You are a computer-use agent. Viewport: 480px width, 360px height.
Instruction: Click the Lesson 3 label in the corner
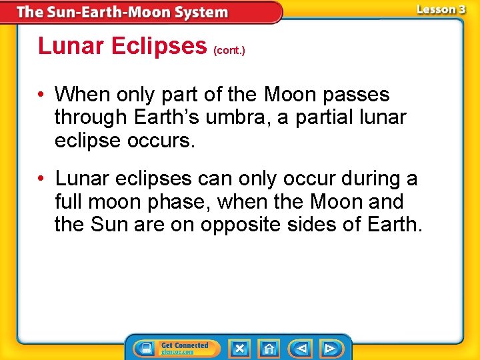tap(441, 9)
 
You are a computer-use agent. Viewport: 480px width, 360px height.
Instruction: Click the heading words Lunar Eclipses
tap(123, 45)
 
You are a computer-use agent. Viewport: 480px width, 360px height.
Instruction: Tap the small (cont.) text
tap(229, 50)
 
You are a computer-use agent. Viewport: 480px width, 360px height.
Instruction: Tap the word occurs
tap(168, 140)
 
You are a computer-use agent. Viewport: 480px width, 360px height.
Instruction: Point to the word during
tap(360, 179)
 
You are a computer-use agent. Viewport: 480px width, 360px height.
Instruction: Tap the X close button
tap(239, 348)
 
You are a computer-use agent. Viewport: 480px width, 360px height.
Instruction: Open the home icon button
tap(269, 348)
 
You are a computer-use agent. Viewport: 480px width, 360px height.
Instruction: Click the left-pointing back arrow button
tap(300, 348)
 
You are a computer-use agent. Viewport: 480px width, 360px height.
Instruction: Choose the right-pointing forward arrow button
tap(330, 348)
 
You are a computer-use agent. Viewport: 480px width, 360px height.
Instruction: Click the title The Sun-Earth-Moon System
tap(122, 12)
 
